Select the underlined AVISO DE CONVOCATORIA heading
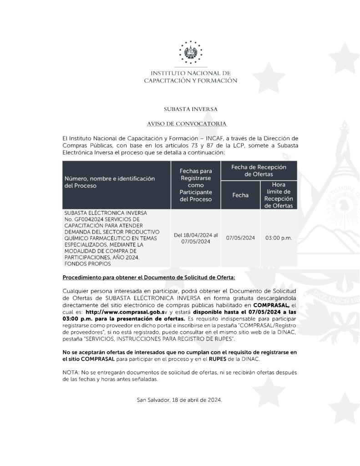pos(187,124)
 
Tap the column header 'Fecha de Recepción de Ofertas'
pos(259,171)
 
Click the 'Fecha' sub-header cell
pos(240,195)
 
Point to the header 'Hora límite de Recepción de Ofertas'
pos(279,195)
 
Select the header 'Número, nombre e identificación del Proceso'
pos(109,182)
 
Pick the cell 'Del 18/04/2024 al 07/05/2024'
pos(196,238)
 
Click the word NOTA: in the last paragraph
pos(70,373)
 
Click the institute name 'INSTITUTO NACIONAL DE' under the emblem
pos(190,73)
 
